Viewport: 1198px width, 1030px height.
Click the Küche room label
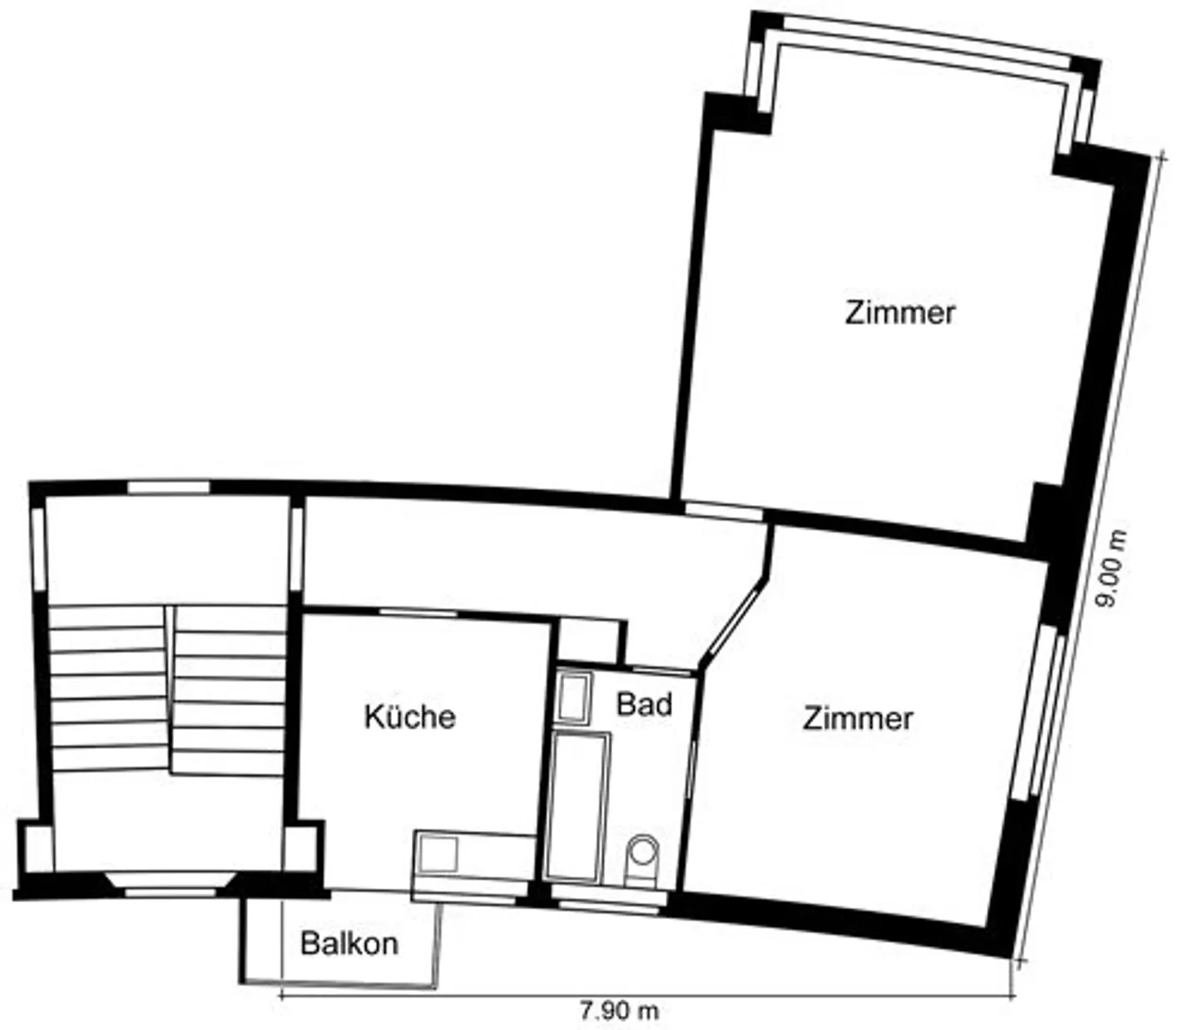tap(410, 717)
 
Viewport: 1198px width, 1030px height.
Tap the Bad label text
tap(644, 704)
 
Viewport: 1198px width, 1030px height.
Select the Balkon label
tap(349, 943)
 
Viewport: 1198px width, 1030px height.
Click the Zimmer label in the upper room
tap(899, 313)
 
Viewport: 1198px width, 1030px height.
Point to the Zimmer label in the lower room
tap(858, 719)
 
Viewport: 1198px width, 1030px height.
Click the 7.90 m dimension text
tap(619, 1012)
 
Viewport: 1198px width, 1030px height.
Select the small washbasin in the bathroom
tap(574, 698)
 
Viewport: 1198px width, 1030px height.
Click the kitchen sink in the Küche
tap(438, 854)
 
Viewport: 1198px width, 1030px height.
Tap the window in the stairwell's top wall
tap(168, 487)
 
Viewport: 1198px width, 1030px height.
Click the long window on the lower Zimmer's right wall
tap(1041, 714)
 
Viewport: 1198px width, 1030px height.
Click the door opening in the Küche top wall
tap(418, 612)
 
